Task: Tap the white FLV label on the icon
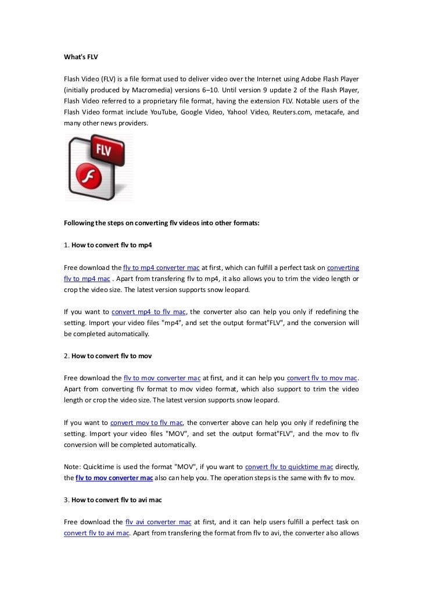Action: point(102,150)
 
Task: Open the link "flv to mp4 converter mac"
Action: point(162,268)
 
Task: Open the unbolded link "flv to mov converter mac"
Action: point(162,378)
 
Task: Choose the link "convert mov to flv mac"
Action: point(147,422)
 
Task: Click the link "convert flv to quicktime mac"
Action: point(289,466)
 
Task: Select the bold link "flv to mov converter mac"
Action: point(114,477)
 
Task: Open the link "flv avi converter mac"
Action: point(159,521)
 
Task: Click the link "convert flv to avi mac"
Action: point(96,532)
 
